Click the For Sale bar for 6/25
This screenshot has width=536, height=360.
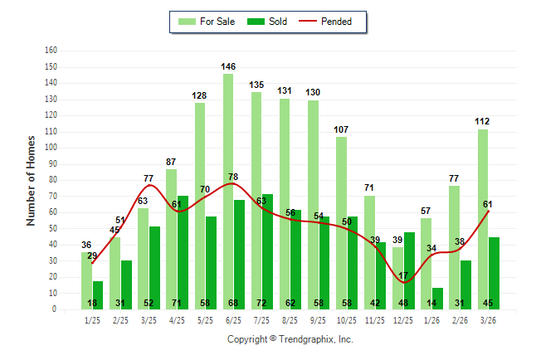227,191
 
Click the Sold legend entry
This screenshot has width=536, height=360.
267,22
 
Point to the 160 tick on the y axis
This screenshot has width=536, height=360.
51,50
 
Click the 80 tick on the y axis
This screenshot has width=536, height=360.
52,179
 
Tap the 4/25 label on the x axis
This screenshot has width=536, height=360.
177,319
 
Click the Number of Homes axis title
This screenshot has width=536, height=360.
32,180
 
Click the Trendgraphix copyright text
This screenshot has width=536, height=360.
290,339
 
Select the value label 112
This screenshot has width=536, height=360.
482,121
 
